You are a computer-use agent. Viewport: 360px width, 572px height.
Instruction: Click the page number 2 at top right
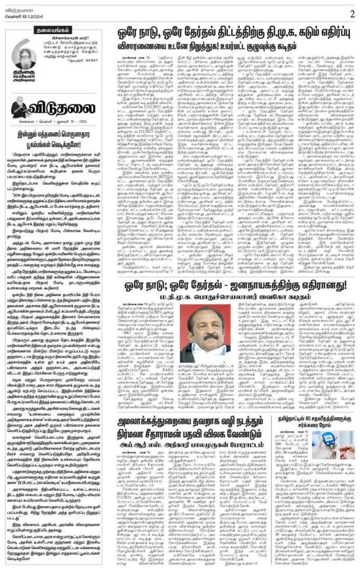(x=352, y=13)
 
